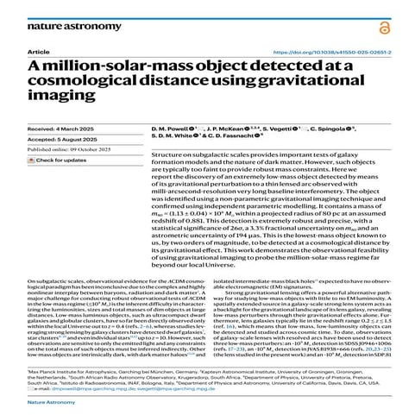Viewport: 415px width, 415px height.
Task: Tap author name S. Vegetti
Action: coord(299,127)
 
